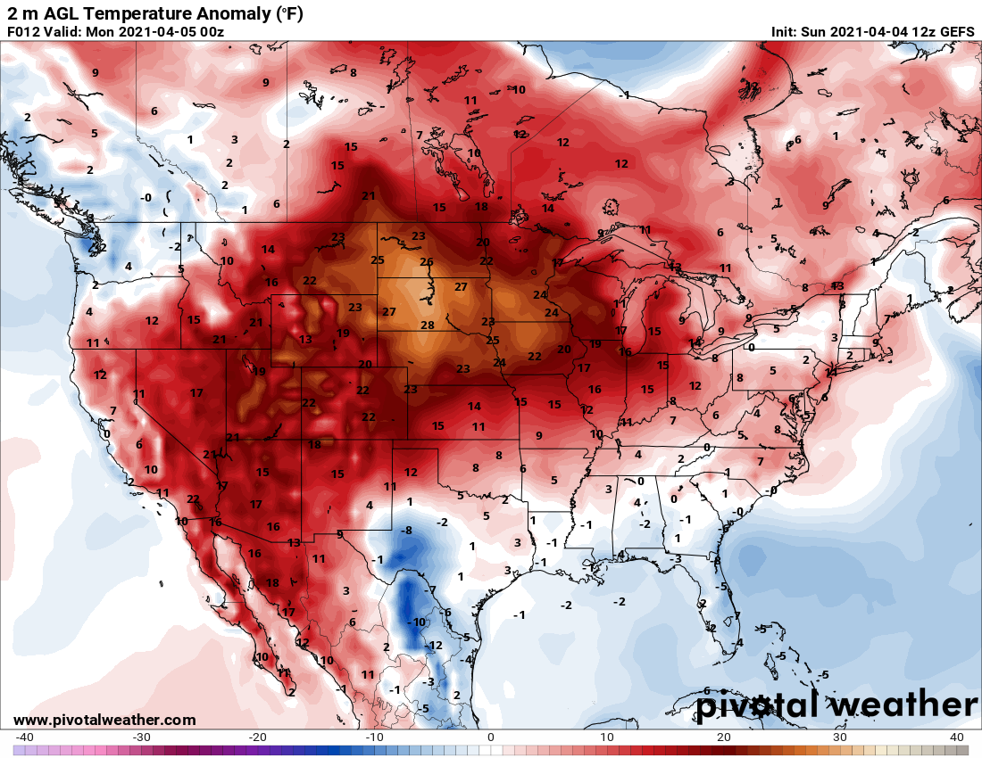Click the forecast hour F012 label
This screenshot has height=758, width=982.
click(24, 31)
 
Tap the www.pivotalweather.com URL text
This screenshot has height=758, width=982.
click(104, 720)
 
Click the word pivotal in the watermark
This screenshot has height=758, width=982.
click(763, 704)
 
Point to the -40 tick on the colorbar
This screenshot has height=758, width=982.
click(25, 737)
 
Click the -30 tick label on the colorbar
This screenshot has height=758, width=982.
click(141, 737)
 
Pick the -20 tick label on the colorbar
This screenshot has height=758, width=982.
click(258, 737)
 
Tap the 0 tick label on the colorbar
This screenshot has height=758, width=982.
click(491, 737)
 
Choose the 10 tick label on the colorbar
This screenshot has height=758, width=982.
click(607, 737)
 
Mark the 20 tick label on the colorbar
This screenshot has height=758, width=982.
click(724, 737)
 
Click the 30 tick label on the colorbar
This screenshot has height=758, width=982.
click(840, 737)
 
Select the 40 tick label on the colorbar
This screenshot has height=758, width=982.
click(957, 737)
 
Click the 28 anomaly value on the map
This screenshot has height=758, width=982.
click(428, 325)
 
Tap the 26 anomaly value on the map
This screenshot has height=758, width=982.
click(427, 262)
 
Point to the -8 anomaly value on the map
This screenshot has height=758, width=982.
click(407, 531)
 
